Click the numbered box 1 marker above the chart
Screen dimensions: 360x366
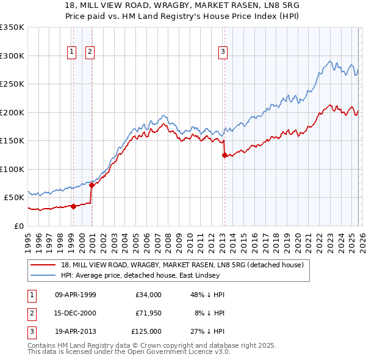pos(72,52)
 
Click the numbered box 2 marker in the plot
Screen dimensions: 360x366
pos(90,52)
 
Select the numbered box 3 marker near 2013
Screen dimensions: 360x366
pos(223,52)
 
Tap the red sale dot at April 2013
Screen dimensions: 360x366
pos(224,155)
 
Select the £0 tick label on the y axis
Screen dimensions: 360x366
pos(18,226)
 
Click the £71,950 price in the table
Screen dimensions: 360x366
pos(148,313)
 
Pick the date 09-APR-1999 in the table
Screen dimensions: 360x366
pos(75,295)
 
